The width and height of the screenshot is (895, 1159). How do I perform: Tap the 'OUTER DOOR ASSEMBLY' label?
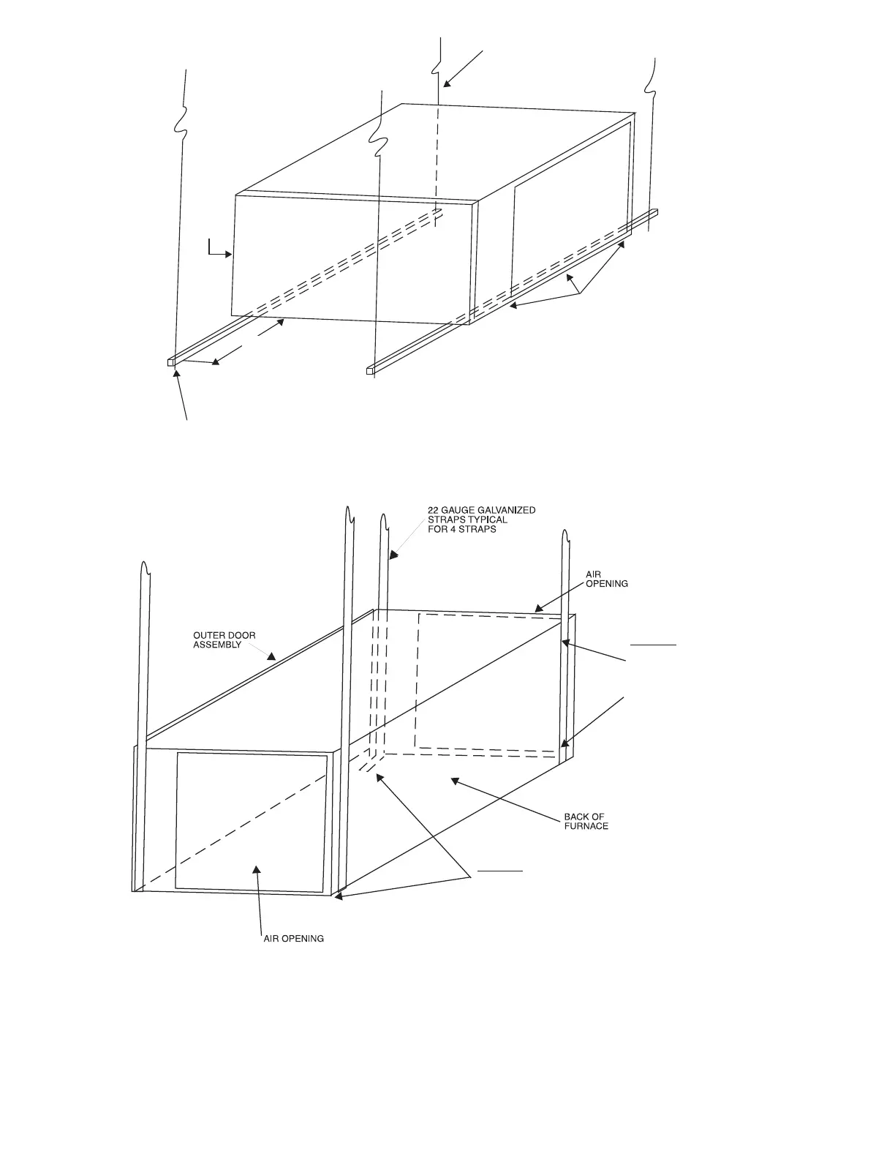pos(224,640)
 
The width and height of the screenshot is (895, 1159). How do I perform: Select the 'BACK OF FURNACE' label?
pos(585,821)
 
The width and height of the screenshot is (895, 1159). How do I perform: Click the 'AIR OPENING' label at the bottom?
pos(293,938)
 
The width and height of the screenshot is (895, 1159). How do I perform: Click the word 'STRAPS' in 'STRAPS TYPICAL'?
pos(444,520)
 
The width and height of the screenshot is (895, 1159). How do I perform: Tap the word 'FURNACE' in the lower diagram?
pos(586,826)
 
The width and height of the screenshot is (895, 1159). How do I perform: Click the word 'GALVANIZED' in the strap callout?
pos(507,510)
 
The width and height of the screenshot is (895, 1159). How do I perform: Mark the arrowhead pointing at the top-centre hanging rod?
pos(447,83)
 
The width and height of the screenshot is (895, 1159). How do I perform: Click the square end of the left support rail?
pos(171,361)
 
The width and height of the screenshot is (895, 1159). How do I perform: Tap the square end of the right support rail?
pos(370,371)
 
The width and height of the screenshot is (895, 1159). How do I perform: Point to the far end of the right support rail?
pos(654,212)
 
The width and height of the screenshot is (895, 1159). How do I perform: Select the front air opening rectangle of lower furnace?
pos(252,821)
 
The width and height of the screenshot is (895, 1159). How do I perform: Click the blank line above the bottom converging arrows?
pos(501,871)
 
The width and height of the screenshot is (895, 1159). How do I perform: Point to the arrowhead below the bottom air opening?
pos(256,869)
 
